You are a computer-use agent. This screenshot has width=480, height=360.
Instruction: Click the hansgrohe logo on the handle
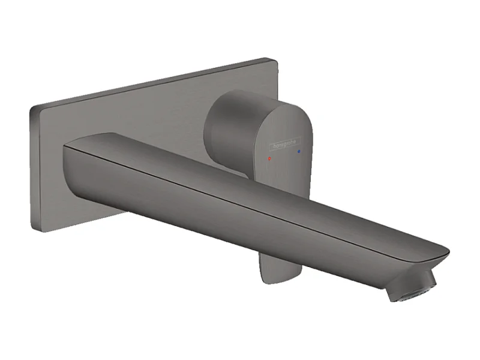pos(284,145)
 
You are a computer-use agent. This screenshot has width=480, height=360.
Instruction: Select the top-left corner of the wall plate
pos(32,107)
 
